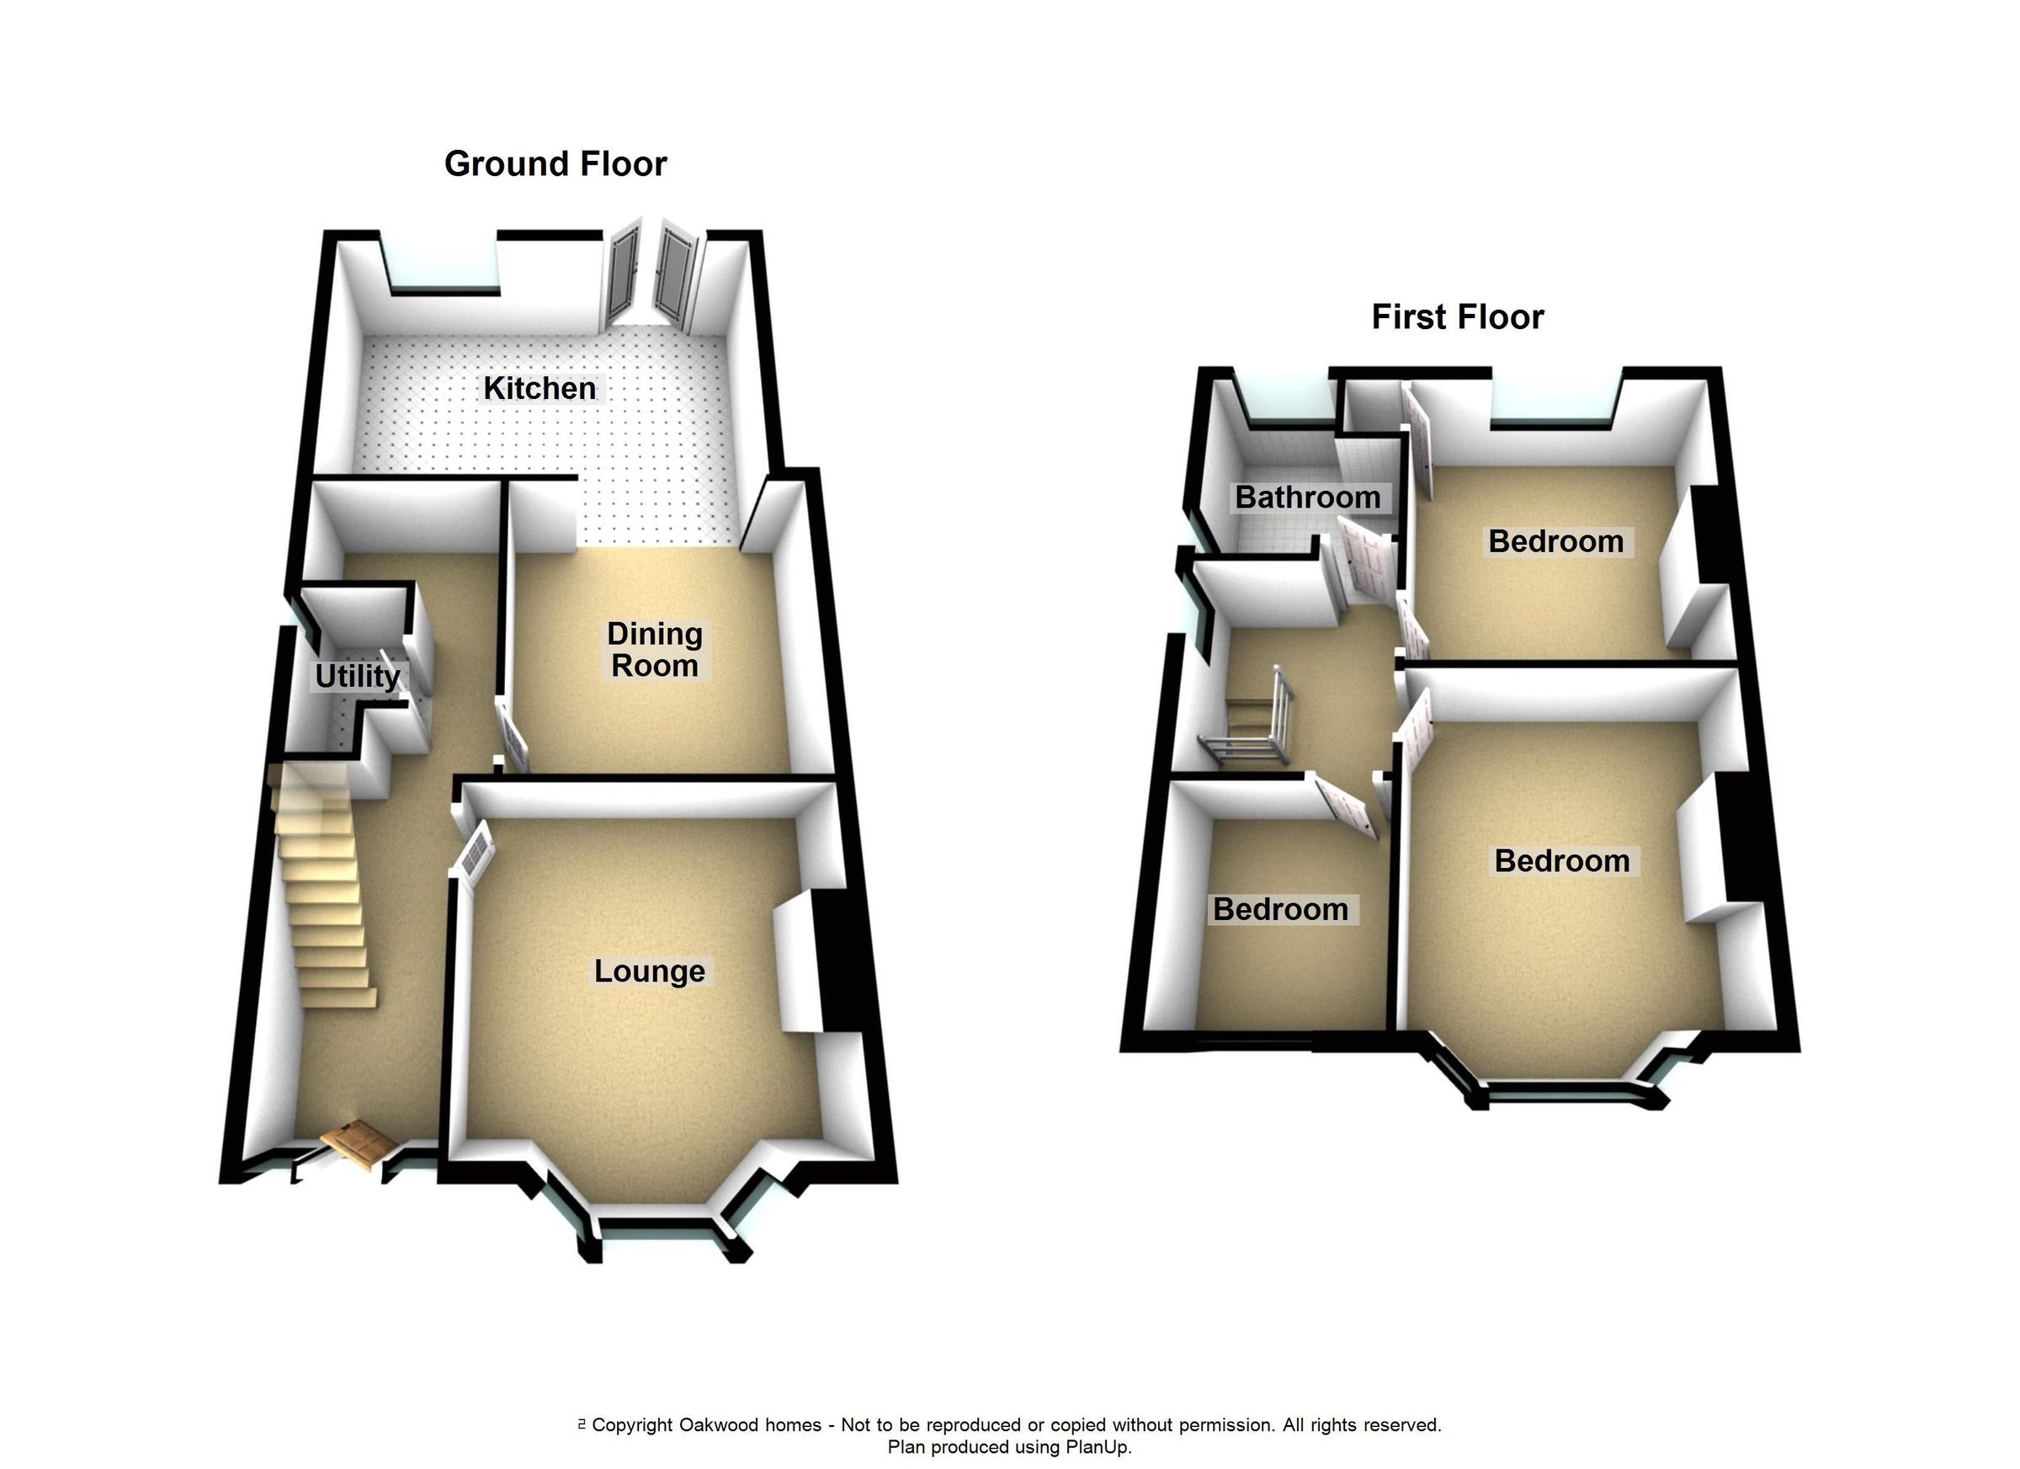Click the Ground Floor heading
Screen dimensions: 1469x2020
click(555, 164)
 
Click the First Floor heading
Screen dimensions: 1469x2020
click(1457, 317)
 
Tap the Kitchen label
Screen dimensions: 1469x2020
click(539, 388)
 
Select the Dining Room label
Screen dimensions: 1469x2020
click(655, 649)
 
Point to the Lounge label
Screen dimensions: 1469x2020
click(649, 971)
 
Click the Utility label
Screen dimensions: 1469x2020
click(357, 676)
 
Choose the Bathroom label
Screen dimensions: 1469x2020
click(1307, 497)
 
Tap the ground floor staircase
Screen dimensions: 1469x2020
click(325, 900)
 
